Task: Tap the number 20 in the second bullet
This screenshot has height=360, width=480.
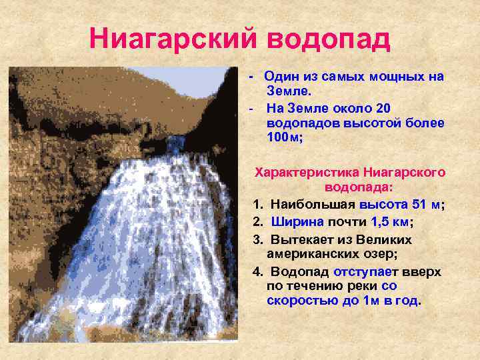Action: [x=383, y=108]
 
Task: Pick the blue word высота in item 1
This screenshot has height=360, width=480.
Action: [x=381, y=205]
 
